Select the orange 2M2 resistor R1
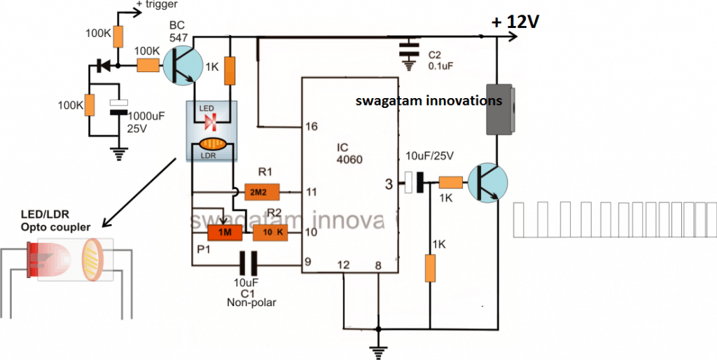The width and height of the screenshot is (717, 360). point(262,191)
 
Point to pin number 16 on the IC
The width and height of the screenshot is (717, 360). point(312,127)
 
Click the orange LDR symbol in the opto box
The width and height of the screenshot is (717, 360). point(211,146)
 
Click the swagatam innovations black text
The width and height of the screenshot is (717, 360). point(429,100)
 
